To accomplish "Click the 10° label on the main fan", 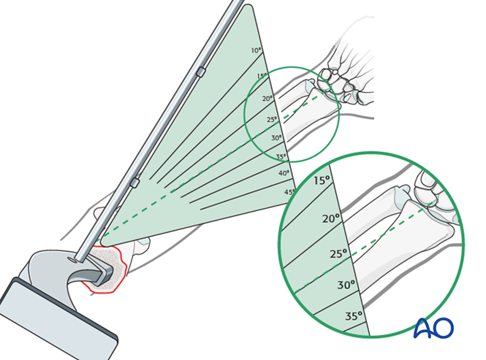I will (x=256, y=50).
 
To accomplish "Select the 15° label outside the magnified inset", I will (x=262, y=76).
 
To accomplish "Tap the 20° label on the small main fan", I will (x=267, y=99).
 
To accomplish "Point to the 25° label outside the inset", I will (x=272, y=119).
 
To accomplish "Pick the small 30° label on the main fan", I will (x=276, y=138).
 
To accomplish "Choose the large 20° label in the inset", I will (x=332, y=218).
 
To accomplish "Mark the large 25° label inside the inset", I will (x=338, y=254).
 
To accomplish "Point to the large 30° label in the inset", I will (x=346, y=285).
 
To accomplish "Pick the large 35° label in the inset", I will (x=354, y=316).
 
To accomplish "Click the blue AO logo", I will (x=433, y=328).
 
